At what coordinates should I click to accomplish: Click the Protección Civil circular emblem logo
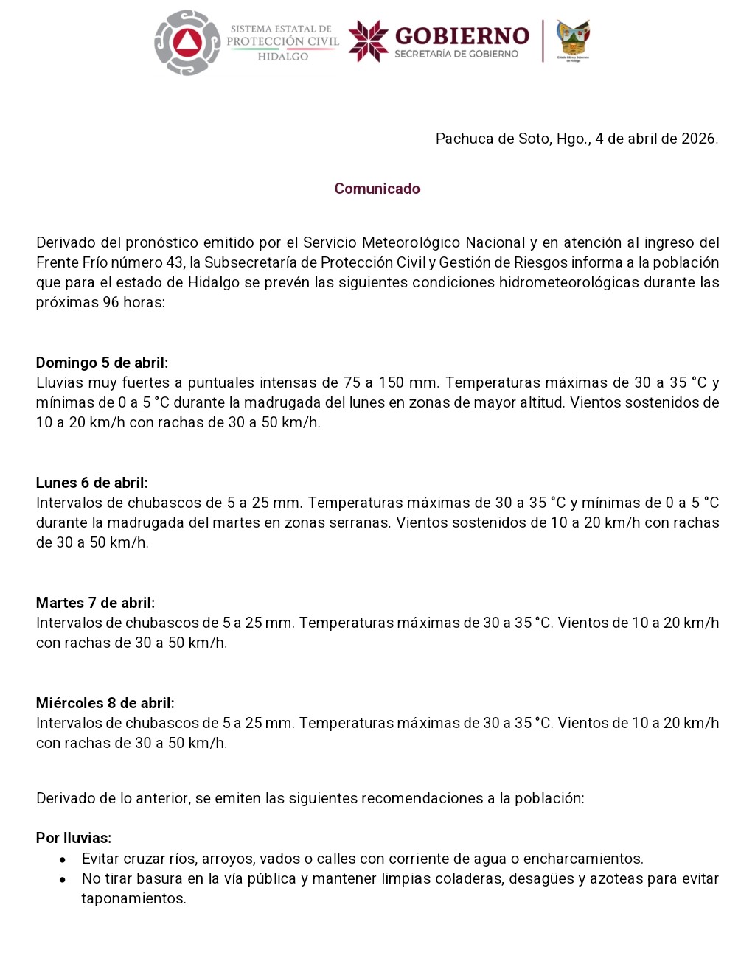coord(187,43)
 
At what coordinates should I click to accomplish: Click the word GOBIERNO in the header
coord(462,36)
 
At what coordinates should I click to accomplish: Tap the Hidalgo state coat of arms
coord(573,39)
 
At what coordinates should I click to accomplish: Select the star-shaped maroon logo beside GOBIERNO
coord(368,41)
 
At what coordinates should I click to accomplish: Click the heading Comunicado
coord(377,189)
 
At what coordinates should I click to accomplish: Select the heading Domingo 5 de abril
coord(102,363)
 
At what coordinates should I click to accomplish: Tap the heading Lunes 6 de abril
coord(91,483)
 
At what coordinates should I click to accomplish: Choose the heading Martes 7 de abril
coord(95,603)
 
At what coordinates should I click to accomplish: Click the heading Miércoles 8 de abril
coord(105,703)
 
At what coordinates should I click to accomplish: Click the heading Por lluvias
coord(74,838)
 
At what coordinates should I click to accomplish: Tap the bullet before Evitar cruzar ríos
coord(63,859)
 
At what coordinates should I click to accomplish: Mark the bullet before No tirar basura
coord(63,879)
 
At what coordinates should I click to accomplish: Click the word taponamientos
coord(133,898)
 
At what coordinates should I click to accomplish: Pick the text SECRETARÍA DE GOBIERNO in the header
coord(456,54)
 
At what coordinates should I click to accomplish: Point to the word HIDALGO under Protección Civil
coord(282,57)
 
